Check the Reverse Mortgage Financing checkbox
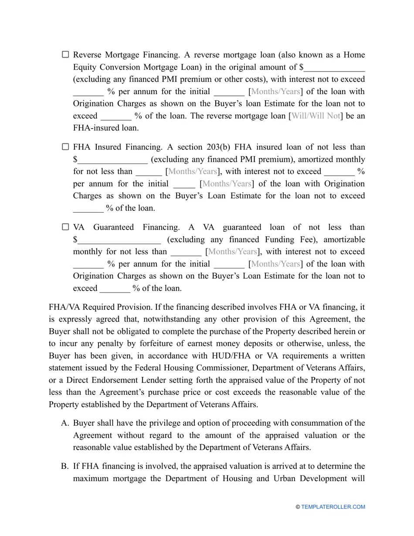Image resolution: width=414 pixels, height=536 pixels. tap(65, 54)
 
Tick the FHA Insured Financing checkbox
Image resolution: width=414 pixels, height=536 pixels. tap(65, 147)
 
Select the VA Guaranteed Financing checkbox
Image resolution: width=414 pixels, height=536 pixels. tap(65, 227)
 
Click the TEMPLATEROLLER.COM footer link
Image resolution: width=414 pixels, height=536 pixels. tap(333, 507)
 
